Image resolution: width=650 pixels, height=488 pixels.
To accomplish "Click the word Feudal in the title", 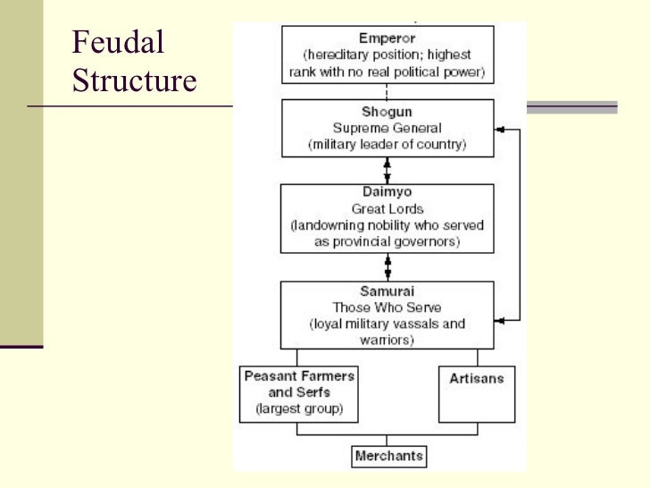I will [x=117, y=42].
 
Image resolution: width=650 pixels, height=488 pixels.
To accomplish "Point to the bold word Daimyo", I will [x=387, y=191].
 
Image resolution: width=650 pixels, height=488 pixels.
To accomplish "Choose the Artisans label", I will [x=476, y=378].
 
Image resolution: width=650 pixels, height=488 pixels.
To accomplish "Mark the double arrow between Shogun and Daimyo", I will [x=387, y=170].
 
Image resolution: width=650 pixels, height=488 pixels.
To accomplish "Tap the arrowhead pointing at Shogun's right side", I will [x=499, y=130].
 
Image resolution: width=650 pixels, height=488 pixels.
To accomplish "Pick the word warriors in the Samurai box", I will [x=386, y=339].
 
